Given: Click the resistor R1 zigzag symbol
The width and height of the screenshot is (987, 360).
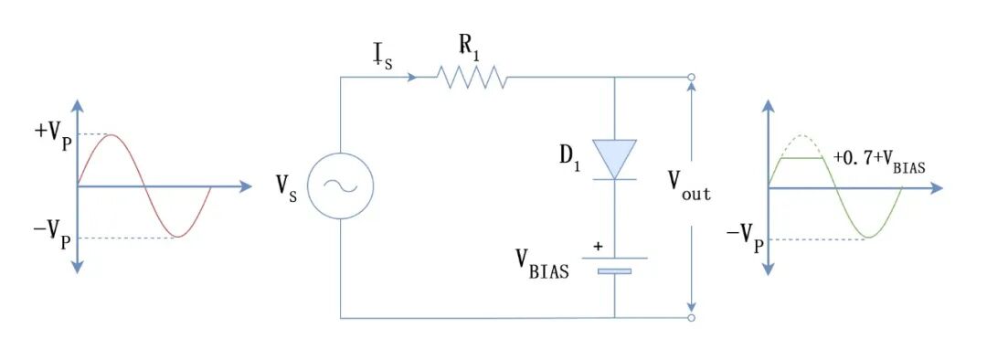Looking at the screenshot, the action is click(472, 78).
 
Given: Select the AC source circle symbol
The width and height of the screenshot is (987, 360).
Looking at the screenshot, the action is click(340, 185).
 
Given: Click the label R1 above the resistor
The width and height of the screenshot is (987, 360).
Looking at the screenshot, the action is click(469, 48).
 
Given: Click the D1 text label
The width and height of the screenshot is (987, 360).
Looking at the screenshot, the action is click(569, 157).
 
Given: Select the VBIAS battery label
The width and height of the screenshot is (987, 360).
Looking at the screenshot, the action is click(542, 264).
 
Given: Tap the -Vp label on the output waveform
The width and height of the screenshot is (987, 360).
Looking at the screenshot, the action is click(745, 238).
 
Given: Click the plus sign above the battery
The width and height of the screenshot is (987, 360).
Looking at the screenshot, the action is click(598, 246).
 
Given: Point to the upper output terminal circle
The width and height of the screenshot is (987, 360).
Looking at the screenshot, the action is click(691, 78).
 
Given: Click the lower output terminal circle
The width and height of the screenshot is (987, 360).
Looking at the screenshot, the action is click(691, 319).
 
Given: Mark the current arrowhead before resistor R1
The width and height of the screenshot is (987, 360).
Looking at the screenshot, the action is click(411, 78).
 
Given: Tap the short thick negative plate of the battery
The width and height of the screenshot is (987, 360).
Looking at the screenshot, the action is click(614, 272).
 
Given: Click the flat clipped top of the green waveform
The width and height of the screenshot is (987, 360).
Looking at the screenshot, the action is click(802, 159).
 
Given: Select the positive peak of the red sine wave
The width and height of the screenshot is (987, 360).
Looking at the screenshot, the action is click(111, 134).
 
